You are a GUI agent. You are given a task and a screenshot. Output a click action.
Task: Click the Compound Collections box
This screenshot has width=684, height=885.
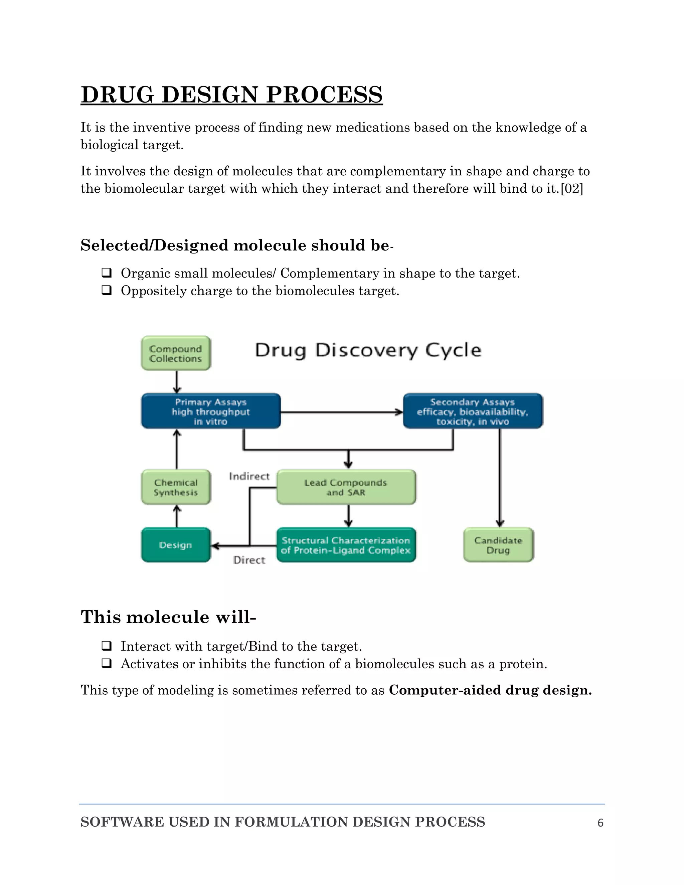175,353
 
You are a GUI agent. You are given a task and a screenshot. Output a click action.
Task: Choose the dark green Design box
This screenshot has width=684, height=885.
175,545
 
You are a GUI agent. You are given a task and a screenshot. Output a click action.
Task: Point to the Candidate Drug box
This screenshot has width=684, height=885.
498,545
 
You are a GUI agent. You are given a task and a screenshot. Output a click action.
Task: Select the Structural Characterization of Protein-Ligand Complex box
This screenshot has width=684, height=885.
346,545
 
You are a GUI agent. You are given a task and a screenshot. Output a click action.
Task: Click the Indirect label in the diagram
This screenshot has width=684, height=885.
249,476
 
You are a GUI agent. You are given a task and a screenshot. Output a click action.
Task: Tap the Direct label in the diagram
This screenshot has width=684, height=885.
249,560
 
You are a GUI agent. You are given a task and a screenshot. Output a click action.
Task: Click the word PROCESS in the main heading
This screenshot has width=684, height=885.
324,95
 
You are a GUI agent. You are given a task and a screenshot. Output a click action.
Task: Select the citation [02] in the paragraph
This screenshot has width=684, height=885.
572,189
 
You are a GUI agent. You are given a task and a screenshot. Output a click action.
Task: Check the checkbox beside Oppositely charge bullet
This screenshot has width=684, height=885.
107,290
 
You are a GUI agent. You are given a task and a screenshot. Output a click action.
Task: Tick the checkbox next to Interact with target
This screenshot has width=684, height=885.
107,646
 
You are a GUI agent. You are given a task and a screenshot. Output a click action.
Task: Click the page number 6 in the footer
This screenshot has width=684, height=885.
600,823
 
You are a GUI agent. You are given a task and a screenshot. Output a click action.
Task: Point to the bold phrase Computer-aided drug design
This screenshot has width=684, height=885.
490,690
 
